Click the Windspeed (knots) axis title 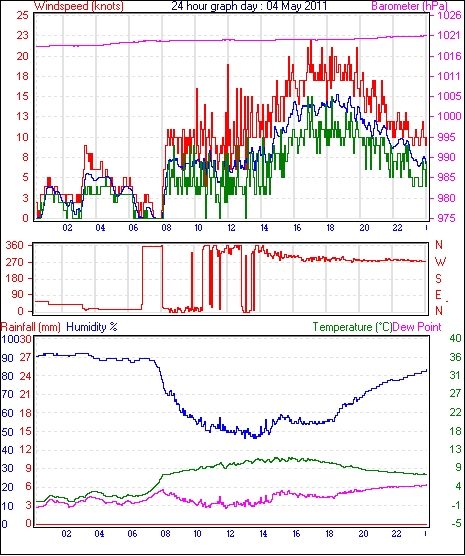point(79,6)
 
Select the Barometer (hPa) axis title point(409,6)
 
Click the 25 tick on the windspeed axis point(22,15)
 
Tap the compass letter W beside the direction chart point(440,262)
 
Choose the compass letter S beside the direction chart point(439,279)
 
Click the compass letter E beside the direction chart point(439,295)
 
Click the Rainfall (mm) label point(31,327)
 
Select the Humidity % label point(92,327)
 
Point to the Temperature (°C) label point(352,327)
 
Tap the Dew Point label point(417,327)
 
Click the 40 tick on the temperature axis point(455,338)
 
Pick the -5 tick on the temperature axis point(455,523)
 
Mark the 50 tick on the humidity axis point(7,432)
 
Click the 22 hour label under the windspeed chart point(397,227)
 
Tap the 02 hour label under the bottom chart point(66,534)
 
